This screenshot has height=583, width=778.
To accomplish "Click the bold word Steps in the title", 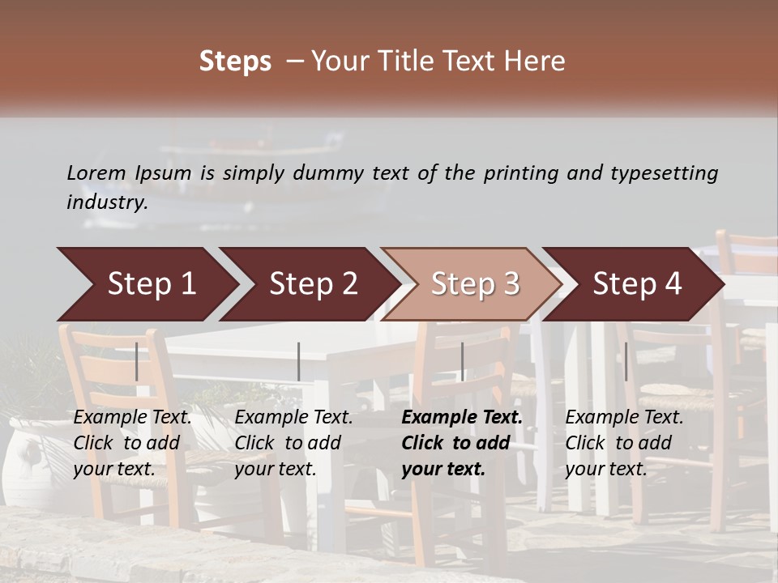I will pos(235,62).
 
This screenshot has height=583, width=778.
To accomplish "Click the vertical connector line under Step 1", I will pos(137,361).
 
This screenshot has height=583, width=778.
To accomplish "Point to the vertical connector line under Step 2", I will pos(299,361).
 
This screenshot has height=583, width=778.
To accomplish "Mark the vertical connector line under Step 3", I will pos(463,361).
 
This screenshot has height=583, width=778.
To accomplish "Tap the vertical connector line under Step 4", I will pos(626,361).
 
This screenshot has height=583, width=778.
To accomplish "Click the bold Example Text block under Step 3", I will pos(462,443).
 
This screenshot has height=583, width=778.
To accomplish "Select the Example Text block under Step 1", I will pos(132,443).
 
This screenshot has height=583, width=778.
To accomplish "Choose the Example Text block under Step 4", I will pos(624,443).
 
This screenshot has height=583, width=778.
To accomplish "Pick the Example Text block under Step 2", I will pos(293,443).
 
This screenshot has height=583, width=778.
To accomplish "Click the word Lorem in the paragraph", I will pos(96,173).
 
